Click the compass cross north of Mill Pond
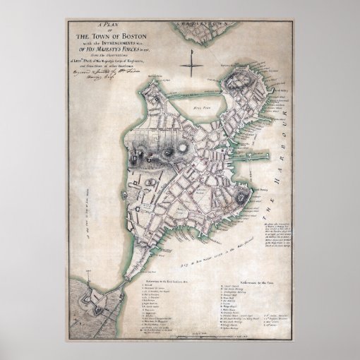click(193, 65)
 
